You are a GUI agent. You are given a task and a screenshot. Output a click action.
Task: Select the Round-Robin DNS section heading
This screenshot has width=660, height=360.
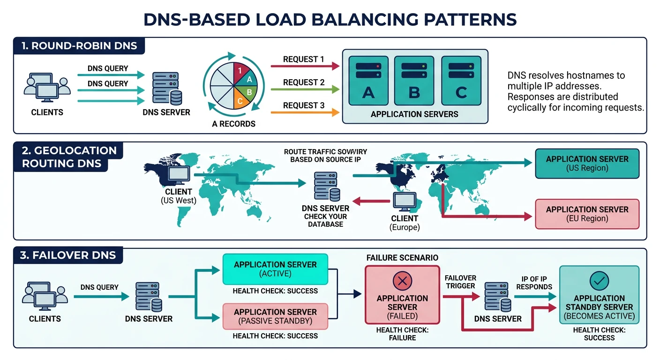pyautogui.click(x=79, y=46)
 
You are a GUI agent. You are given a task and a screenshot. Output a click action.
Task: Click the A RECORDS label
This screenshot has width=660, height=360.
pyautogui.click(x=234, y=124)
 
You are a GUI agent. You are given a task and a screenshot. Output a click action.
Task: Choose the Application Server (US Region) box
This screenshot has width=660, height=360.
pyautogui.click(x=587, y=164)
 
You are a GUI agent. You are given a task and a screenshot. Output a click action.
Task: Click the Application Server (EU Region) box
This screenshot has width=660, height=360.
pyautogui.click(x=587, y=214)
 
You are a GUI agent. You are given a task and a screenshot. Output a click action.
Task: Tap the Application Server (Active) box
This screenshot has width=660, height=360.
pyautogui.click(x=275, y=269)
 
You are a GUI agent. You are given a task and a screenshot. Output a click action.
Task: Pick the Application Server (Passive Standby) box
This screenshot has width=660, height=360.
pyautogui.click(x=275, y=316)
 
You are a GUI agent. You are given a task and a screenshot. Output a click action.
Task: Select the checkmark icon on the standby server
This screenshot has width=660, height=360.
pyautogui.click(x=599, y=281)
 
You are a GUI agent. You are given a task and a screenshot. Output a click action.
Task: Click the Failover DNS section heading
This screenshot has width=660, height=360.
pyautogui.click(x=68, y=256)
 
